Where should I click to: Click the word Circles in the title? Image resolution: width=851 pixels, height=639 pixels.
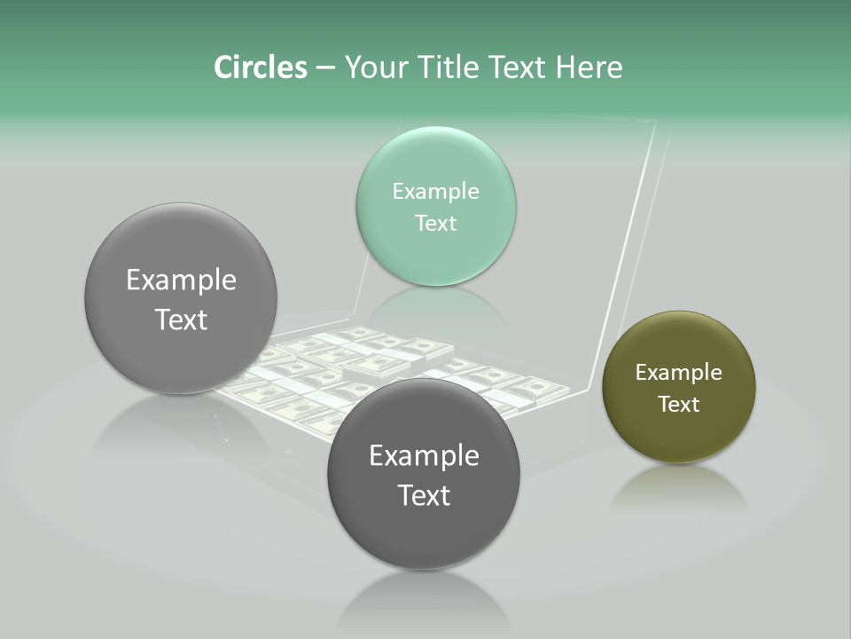pos(261,67)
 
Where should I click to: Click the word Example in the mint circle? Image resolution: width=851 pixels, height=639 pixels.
pos(436,192)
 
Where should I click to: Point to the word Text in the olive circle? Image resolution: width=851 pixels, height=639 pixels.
pos(679,405)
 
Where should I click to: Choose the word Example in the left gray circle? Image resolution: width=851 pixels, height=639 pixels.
pos(181,280)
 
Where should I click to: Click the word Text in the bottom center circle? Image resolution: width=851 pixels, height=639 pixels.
pos(424,495)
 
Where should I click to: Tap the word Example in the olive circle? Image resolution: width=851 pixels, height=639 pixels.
pos(679,373)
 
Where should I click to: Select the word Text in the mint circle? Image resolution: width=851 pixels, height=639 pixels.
pos(436,224)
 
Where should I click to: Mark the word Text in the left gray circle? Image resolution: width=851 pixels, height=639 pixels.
pos(181,319)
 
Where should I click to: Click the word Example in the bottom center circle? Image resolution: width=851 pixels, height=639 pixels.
pos(424,456)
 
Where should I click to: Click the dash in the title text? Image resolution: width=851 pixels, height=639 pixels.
pos(324,68)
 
